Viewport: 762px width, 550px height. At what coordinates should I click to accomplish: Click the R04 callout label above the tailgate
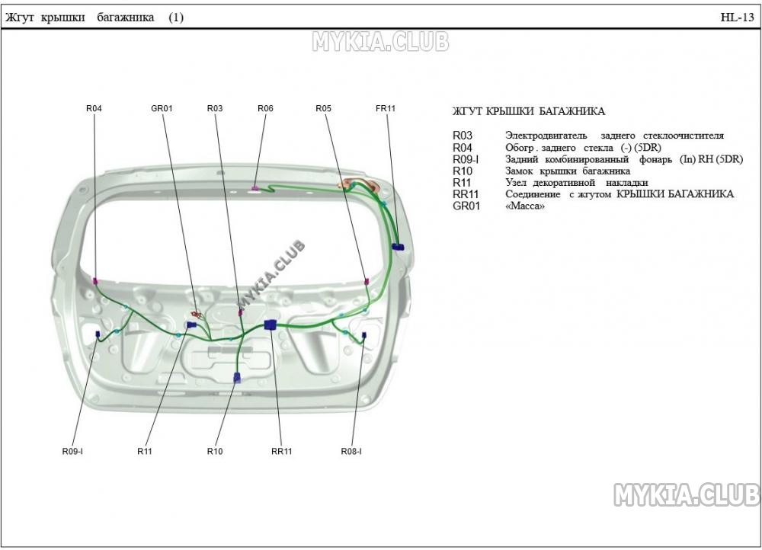94,108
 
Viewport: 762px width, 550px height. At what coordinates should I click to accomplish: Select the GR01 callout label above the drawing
162,108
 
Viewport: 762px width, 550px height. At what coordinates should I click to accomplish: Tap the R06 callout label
265,108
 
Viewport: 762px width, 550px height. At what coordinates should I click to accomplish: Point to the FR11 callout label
386,108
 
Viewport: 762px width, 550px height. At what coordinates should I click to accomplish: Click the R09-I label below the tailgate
72,452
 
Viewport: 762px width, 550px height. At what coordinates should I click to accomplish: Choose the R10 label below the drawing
215,452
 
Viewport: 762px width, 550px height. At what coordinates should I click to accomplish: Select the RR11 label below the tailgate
282,452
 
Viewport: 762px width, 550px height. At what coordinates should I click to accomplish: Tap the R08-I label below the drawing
351,452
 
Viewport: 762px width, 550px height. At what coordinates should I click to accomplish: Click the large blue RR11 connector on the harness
270,325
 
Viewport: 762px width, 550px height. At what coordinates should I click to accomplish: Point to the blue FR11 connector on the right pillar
398,247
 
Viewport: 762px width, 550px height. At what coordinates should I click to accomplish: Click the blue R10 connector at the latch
237,378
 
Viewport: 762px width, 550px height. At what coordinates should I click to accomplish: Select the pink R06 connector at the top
255,187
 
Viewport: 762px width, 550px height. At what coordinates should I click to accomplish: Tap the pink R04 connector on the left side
95,281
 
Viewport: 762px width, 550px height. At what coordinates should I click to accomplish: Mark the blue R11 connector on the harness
191,325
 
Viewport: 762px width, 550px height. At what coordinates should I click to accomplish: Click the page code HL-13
737,18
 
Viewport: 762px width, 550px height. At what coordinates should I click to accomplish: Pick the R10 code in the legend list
463,171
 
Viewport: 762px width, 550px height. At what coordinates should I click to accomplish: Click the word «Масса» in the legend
525,206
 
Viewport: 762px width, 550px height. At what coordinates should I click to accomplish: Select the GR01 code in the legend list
466,206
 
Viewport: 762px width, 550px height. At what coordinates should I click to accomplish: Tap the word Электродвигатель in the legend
546,136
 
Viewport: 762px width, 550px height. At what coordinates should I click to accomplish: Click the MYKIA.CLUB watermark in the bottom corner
687,494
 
